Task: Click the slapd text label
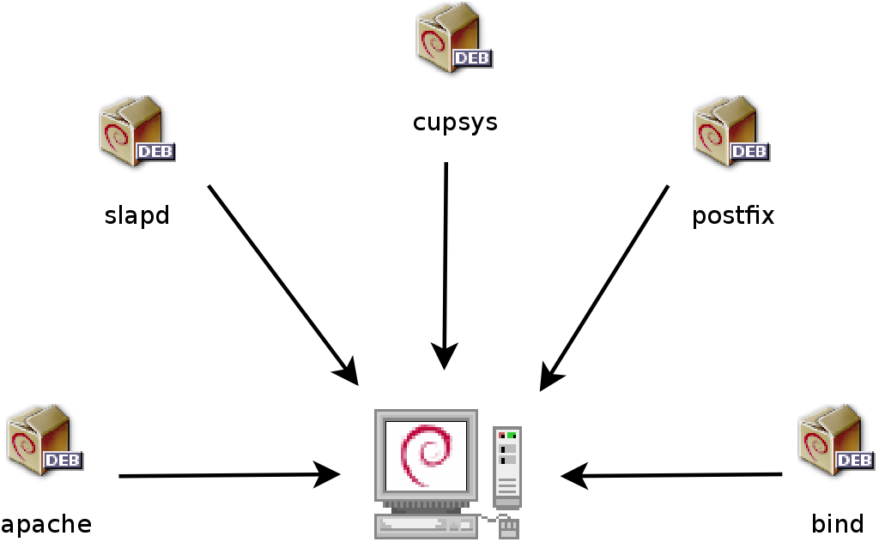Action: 137,216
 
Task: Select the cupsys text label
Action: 455,123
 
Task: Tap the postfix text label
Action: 733,216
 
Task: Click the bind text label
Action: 837,523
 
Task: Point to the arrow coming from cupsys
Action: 446,266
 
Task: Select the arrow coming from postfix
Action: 604,287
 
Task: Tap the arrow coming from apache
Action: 229,475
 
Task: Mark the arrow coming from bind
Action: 671,475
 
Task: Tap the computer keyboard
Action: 426,525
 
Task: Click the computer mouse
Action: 509,527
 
